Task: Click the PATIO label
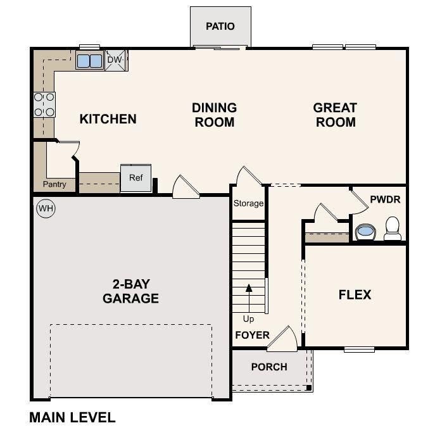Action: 220,27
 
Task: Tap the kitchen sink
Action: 89,61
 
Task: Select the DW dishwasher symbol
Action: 115,60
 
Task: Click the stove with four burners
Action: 44,104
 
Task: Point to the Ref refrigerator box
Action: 136,178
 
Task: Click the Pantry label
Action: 54,184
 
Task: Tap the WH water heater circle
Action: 45,208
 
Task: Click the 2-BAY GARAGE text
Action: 130,291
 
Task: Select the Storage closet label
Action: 248,203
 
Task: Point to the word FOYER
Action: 253,335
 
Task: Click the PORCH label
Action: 269,367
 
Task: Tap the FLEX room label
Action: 355,294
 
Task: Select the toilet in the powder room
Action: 393,228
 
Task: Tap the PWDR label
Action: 385,199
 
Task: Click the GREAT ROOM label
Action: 335,115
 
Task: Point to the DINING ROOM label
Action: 214,115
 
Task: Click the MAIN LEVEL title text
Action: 72,417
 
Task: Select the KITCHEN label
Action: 108,119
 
